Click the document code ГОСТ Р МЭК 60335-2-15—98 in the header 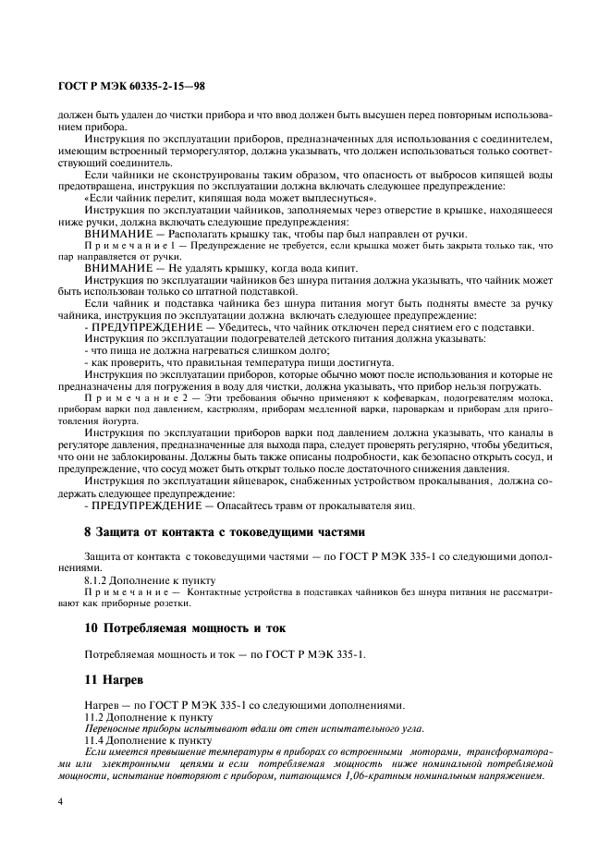click(130, 86)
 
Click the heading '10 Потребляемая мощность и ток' click(185, 628)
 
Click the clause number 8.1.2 click(97, 579)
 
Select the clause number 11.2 click(94, 716)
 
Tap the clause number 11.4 click(94, 739)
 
